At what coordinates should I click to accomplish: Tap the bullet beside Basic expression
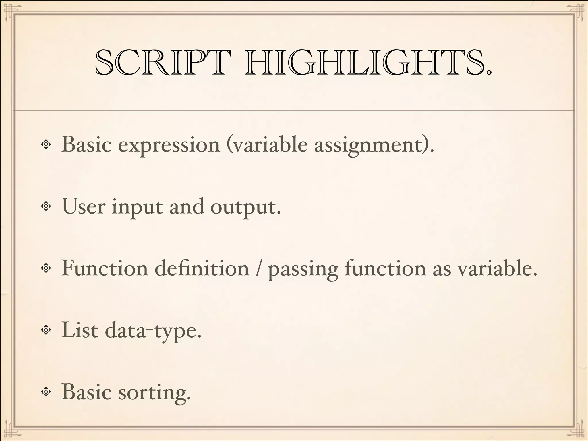[x=46, y=144]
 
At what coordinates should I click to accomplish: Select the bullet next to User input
[x=46, y=206]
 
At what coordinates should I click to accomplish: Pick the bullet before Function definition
[x=46, y=268]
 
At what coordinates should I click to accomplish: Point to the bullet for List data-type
[x=46, y=330]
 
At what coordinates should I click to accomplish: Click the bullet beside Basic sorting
[x=46, y=392]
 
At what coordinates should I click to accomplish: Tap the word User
[x=84, y=206]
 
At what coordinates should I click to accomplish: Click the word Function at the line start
[x=105, y=268]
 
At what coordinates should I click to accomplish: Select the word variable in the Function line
[x=496, y=268]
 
